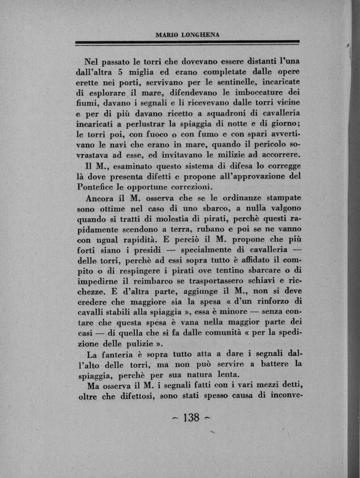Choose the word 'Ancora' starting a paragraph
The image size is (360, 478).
pyautogui.click(x=103, y=199)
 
